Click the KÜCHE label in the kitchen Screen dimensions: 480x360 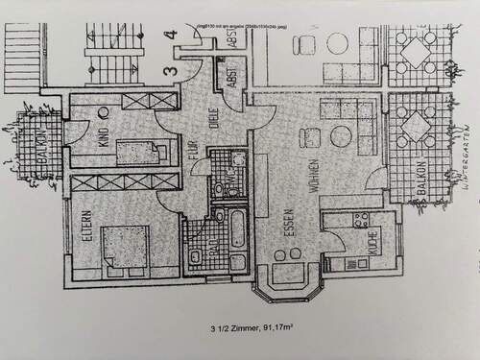pos(371,252)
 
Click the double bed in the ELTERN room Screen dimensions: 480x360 pos(125,247)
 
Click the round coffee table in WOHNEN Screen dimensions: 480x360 pos(340,136)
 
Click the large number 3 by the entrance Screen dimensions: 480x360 pos(168,70)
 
